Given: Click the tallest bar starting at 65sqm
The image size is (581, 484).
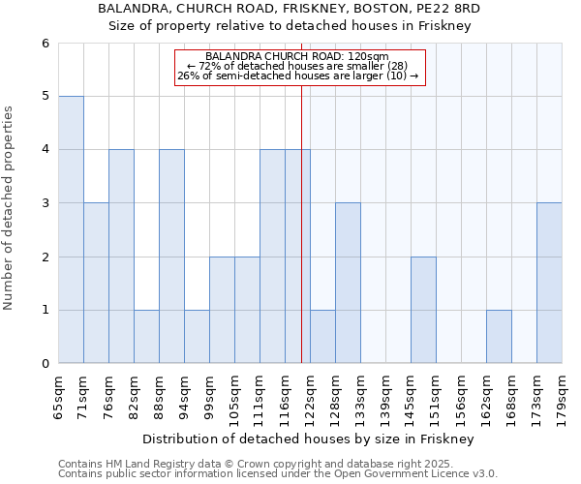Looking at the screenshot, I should pos(71,229).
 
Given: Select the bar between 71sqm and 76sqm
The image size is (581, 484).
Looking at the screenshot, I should pos(96,283).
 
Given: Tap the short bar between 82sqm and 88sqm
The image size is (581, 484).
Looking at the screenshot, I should pos(146,336).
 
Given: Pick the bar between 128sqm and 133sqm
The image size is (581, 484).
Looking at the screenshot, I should pos(348,283).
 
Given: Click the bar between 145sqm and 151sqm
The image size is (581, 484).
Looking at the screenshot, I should pos(423,310).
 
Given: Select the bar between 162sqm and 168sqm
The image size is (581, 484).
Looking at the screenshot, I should pos(499,336).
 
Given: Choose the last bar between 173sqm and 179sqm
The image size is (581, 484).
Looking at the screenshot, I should pos(549,283).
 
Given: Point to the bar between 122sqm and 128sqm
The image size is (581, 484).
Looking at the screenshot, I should pos(322,336).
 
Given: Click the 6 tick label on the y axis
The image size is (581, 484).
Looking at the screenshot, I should pos(45,44).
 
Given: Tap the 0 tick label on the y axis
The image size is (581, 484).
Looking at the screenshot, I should pos(45,364).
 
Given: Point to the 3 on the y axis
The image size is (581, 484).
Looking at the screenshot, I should pos(45,203).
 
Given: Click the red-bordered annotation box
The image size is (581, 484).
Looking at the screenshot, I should pos(299,67).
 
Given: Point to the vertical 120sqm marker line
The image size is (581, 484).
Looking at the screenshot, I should pos(301,242).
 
